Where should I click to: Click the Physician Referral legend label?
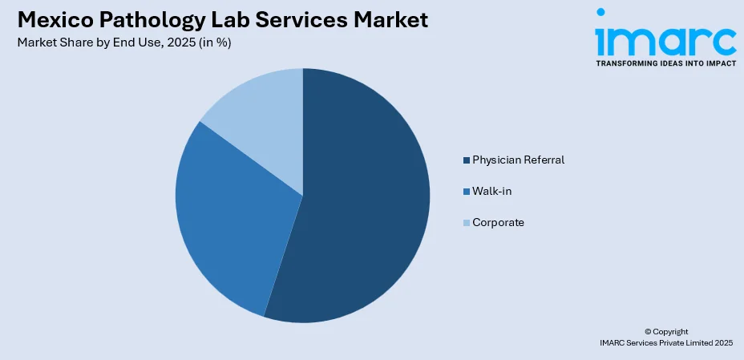[518, 160]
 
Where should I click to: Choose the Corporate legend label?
[498, 222]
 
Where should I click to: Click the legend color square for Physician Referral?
[466, 160]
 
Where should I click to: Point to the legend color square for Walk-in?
[466, 192]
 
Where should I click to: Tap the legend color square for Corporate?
[466, 223]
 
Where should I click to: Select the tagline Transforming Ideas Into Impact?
[665, 63]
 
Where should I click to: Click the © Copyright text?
[665, 331]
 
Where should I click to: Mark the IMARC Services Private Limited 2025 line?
[665, 342]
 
